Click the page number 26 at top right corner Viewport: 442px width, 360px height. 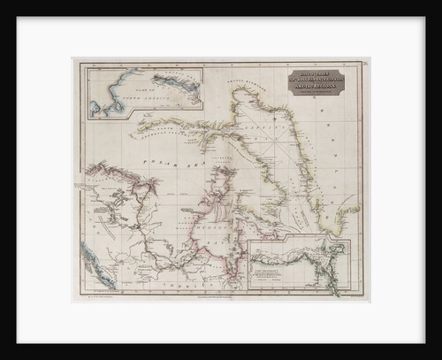[x=364, y=64]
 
